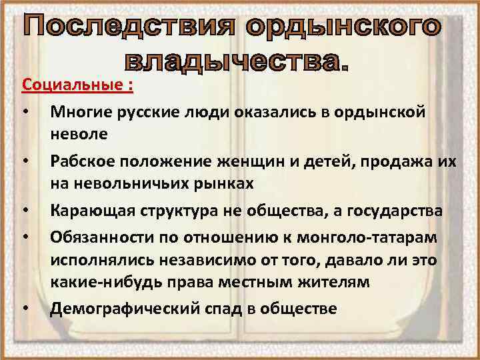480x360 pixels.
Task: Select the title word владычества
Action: click(236, 62)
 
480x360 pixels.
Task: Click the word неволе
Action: click(78, 135)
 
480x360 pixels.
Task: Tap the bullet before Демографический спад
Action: click(24, 309)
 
